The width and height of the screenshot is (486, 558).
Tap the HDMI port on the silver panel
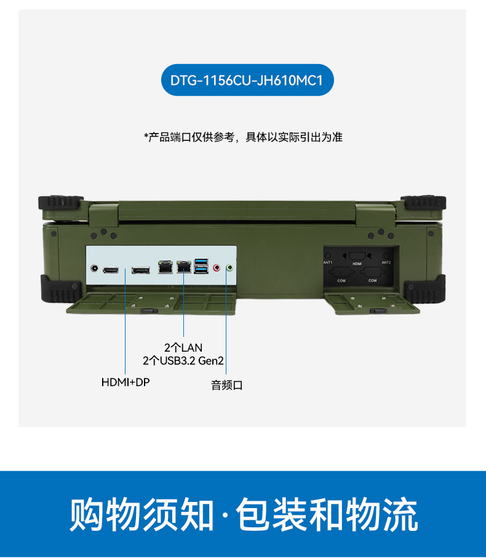pos(111,270)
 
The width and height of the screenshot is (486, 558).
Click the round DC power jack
pos(94,269)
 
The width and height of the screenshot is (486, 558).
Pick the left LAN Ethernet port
pos(165,267)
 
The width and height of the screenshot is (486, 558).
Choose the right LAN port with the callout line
pos(183,267)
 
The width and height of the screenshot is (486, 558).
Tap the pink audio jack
pos(216,268)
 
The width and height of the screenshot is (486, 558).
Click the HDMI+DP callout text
pos(125,382)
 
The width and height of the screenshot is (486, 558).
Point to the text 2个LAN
pos(183,348)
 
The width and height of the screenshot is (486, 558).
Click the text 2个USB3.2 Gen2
pos(183,361)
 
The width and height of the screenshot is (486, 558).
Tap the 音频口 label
pos(227,386)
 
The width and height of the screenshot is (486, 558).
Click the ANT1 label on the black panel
pos(328,262)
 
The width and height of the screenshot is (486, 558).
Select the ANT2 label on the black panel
pos(386,262)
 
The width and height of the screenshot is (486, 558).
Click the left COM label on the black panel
pos(342,280)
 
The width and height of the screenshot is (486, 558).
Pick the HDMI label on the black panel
pos(357,264)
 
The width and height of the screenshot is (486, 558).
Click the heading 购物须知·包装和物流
pos(243,514)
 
